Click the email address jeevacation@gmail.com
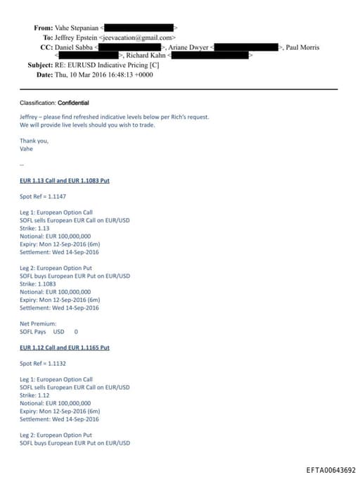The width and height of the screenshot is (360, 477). (138, 37)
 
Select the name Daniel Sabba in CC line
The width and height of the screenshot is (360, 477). (74, 47)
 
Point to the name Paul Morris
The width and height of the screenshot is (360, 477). (302, 47)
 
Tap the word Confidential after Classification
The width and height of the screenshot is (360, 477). (73, 103)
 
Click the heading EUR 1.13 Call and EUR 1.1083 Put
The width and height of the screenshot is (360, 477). (64, 181)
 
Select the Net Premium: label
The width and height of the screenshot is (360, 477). (38, 324)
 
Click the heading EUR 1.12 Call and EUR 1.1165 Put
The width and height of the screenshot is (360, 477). (64, 348)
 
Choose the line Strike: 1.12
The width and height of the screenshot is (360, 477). (35, 395)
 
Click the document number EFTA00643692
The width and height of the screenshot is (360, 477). (331, 470)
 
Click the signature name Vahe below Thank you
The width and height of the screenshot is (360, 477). (26, 148)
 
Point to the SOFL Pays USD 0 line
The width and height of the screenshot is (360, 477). (49, 331)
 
